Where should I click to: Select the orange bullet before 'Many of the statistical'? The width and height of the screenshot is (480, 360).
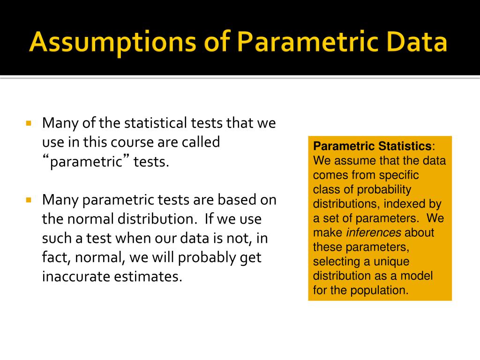[x=28, y=124]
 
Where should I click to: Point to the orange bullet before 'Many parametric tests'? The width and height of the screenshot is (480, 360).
[x=28, y=200]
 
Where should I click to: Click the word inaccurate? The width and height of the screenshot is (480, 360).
[x=75, y=277]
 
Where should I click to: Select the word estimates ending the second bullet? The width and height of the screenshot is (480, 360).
[x=148, y=277]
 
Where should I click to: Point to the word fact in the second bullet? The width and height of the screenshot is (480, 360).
[x=53, y=257]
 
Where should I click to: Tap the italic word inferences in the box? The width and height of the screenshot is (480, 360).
[x=374, y=232]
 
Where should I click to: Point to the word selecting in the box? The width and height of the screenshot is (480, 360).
[x=334, y=261]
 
